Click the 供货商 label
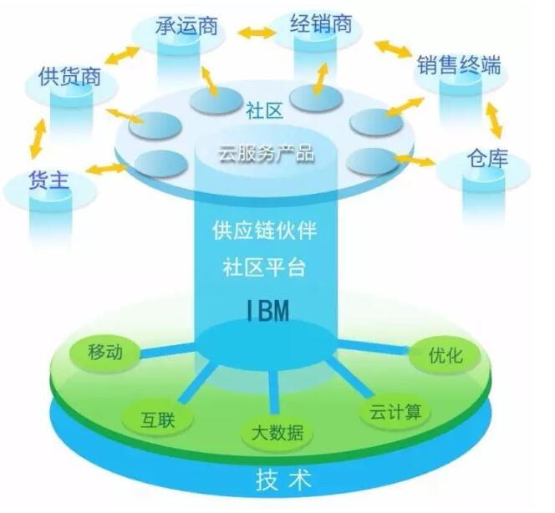click(x=70, y=78)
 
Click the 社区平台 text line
click(x=267, y=268)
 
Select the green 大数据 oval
click(x=277, y=433)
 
